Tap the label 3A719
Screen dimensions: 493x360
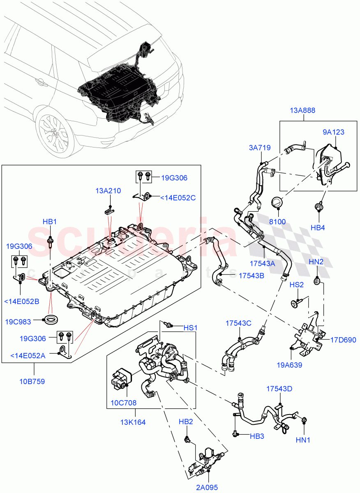259,148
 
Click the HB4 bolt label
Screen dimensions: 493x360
318,228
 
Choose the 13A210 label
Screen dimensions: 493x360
108,191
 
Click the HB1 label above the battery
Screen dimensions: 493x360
49,222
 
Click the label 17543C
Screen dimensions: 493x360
238,323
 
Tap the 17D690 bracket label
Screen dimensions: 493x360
343,340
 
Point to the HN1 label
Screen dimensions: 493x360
303,440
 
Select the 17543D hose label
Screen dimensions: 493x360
279,388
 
